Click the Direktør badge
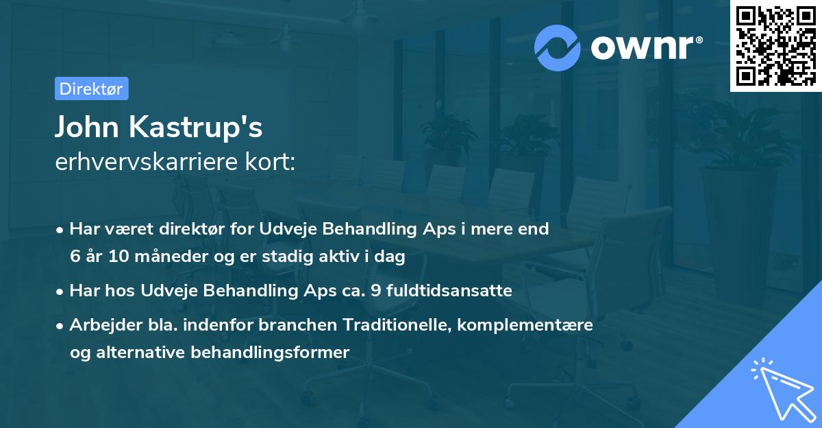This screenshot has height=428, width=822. tap(91, 88)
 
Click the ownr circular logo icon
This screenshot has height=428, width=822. tap(558, 47)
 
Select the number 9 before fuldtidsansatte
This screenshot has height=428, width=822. tap(375, 291)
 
